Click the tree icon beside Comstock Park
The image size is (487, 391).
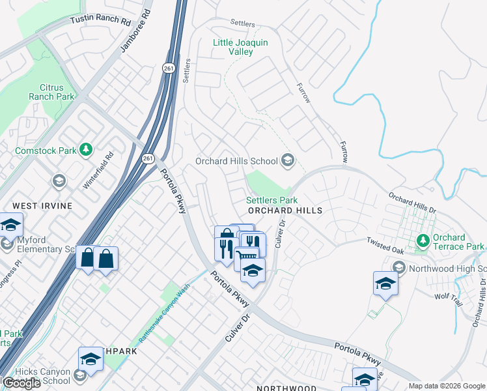(86, 150)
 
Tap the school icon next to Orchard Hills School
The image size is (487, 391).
(287, 161)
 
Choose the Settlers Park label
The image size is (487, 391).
(271, 201)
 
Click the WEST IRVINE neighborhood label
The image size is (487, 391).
(42, 206)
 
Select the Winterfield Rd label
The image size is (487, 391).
(98, 171)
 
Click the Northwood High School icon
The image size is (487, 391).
(399, 268)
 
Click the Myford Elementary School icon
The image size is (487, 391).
(7, 244)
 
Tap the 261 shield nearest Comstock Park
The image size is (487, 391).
(148, 158)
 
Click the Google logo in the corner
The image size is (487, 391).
(22, 383)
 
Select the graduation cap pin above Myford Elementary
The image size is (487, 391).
(10, 225)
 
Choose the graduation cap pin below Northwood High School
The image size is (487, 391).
(386, 283)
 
